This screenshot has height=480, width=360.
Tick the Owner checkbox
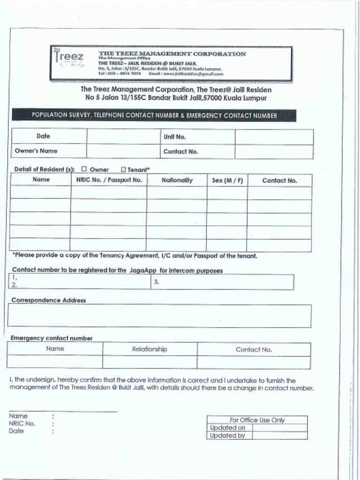coord(84,169)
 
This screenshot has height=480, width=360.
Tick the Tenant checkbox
coord(123,169)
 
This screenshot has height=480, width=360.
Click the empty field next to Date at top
coord(124,136)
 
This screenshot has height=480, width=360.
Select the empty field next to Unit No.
coord(274,137)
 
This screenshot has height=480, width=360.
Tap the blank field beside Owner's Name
coord(124,151)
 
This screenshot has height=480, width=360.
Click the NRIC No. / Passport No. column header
coord(108,180)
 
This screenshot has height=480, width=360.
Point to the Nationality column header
coord(177,180)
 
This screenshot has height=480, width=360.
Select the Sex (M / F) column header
coord(227,180)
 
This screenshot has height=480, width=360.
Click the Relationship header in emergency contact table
coord(150,349)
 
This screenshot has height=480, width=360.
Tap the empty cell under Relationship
coord(150,362)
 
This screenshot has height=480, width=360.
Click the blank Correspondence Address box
coord(159,316)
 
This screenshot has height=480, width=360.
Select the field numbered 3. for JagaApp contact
coord(223,282)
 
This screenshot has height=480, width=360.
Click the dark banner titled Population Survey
coord(154,115)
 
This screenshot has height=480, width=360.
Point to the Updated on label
coord(228,427)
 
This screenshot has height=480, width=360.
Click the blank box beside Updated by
coord(279,435)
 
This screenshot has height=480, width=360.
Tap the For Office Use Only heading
coord(257,420)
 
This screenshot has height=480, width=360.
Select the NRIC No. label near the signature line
coord(22,423)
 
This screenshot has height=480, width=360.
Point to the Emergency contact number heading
coord(52,338)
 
